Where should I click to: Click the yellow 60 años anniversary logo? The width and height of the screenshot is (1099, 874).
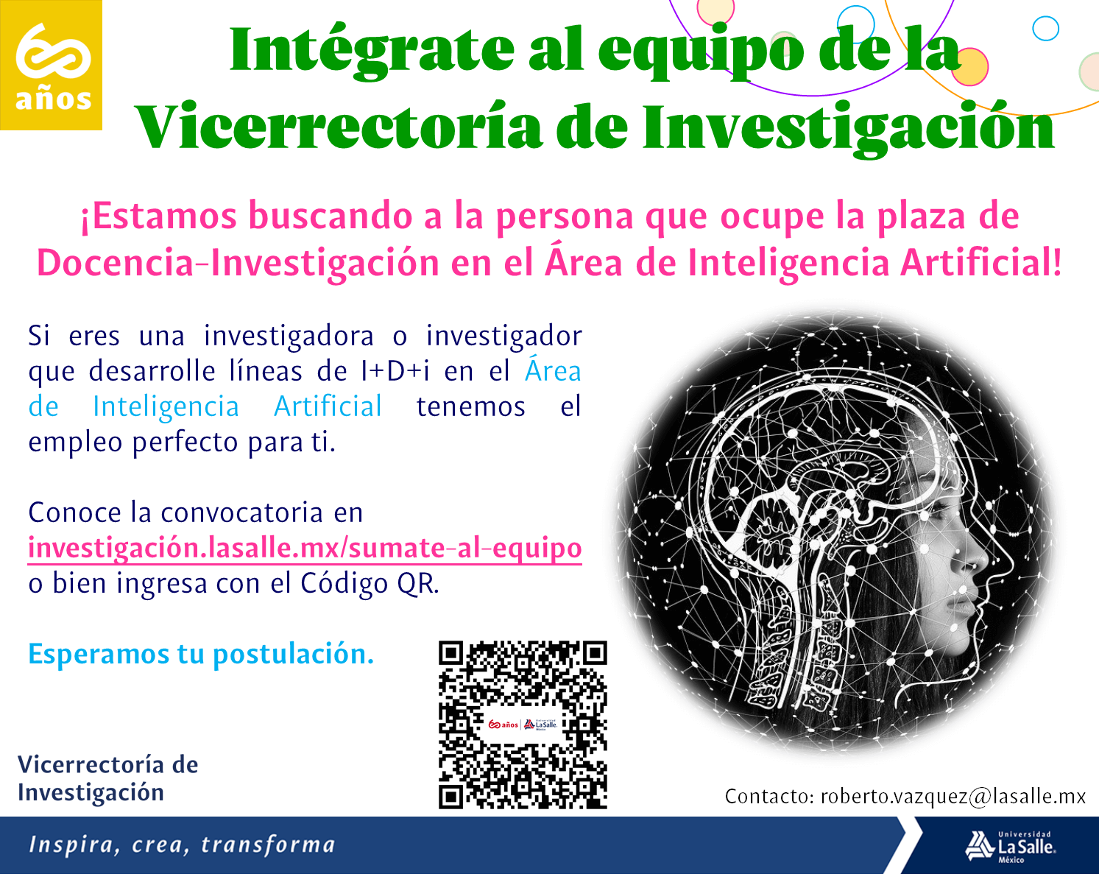51,65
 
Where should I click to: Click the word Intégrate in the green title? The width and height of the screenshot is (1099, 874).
372,51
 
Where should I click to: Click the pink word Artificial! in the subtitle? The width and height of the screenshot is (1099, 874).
980,263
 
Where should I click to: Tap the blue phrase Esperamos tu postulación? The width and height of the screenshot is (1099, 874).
201,655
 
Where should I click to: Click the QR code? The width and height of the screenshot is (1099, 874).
523,725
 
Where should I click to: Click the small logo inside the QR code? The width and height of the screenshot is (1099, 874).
523,725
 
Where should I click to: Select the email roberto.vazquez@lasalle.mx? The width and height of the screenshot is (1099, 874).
953,797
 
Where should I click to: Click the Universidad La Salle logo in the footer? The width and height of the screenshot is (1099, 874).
1010,847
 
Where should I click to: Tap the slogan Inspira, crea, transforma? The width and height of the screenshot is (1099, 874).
182,845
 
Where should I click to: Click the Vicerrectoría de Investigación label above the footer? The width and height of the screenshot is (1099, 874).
107,778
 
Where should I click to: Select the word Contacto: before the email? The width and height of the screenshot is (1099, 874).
769,797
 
